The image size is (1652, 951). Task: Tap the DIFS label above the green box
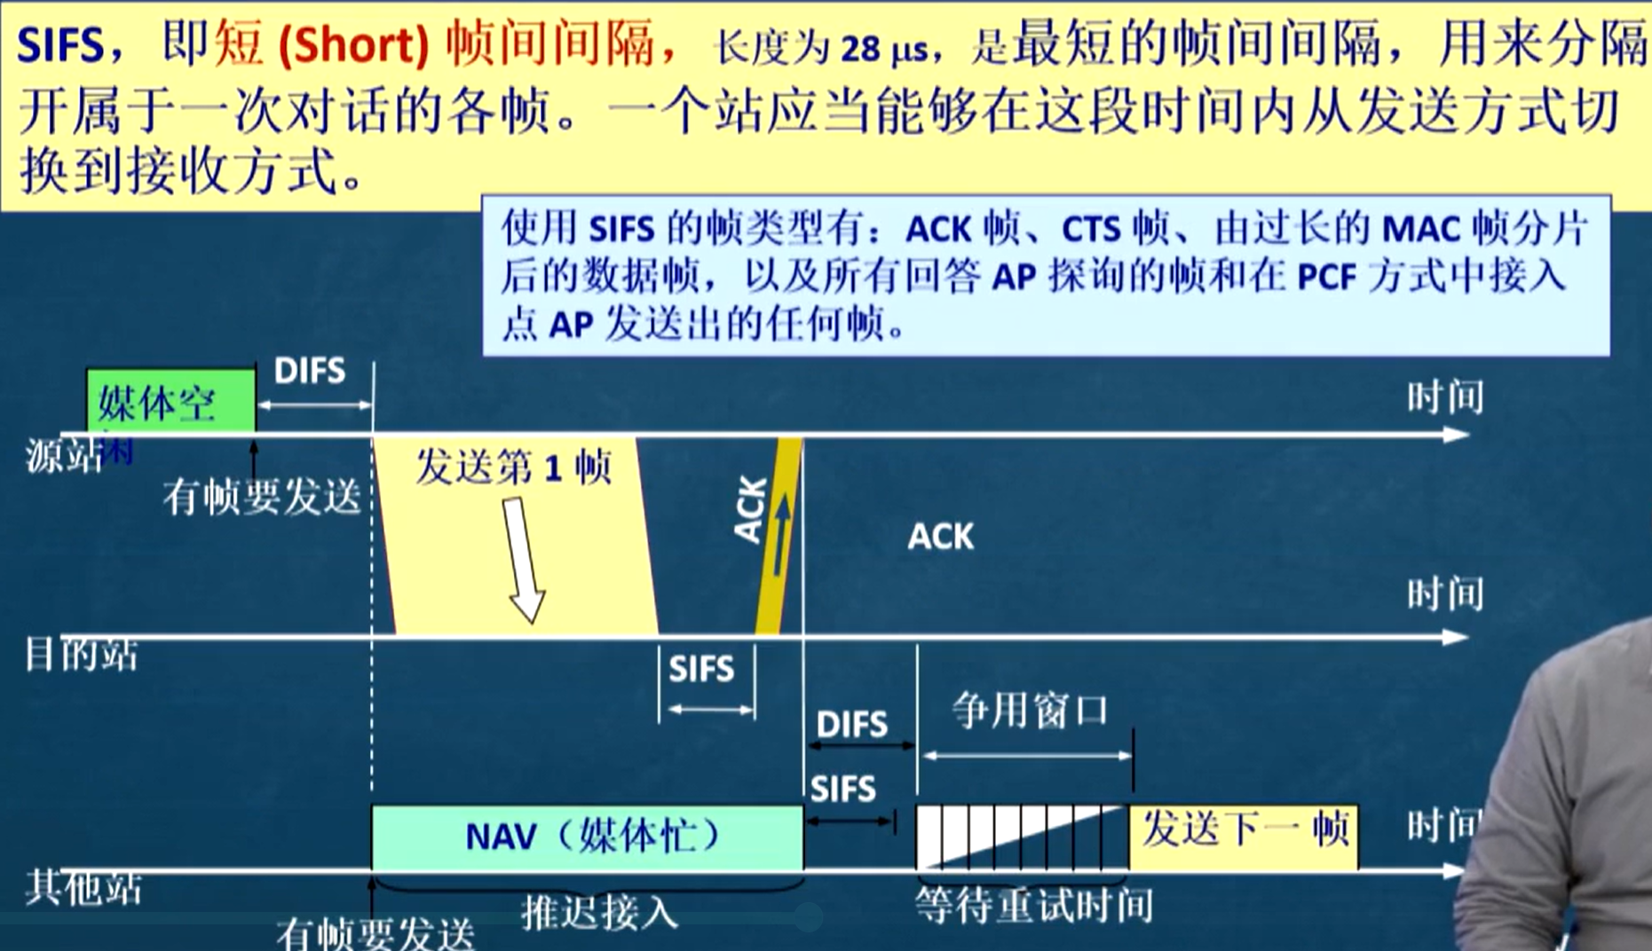(309, 371)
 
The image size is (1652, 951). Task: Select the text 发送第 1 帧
(513, 466)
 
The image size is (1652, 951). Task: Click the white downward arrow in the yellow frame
(523, 559)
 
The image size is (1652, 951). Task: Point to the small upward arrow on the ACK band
(782, 532)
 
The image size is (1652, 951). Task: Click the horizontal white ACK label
(940, 536)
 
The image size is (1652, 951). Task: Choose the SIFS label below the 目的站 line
(701, 669)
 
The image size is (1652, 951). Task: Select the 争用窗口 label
(1030, 711)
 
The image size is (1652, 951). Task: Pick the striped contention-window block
(1021, 837)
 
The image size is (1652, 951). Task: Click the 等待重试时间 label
(1034, 906)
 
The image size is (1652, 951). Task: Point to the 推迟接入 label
(599, 911)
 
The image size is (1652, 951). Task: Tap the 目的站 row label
(81, 656)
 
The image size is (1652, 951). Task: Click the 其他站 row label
(83, 886)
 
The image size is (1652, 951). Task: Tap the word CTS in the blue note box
(1090, 230)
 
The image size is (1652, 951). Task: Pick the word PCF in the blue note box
(1326, 278)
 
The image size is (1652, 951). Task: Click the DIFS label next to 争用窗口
(851, 725)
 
